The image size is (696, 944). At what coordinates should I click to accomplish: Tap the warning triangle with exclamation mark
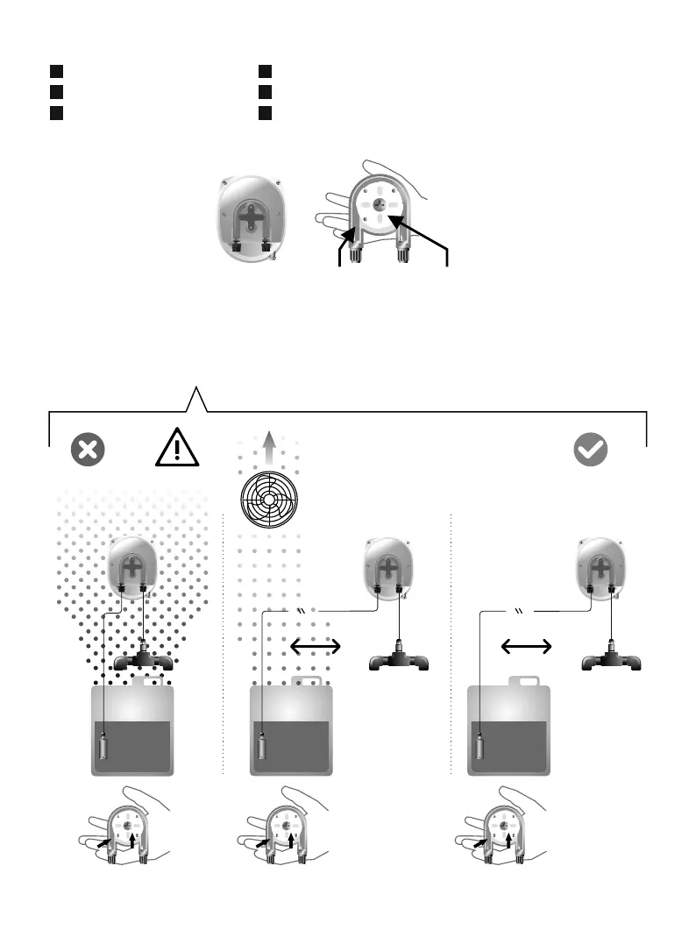pos(178,448)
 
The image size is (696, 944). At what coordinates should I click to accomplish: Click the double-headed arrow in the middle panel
pos(316,646)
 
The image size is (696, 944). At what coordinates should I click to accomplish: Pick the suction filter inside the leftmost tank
pos(104,748)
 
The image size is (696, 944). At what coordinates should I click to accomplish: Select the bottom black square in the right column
pos(265,112)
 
